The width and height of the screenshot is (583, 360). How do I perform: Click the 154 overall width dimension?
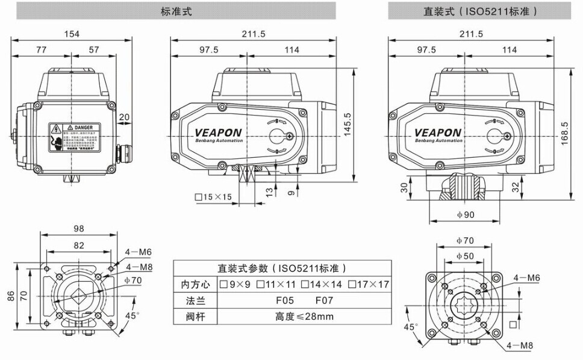[72, 34]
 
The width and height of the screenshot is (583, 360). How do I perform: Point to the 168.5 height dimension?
[564, 132]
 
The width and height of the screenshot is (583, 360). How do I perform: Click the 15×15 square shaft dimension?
[213, 197]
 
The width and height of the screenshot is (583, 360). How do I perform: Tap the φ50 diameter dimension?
[465, 256]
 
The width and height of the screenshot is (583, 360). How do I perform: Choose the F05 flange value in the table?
[276, 300]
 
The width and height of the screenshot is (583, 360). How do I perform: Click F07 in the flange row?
[325, 300]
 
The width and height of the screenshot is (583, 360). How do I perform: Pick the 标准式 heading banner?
[177, 11]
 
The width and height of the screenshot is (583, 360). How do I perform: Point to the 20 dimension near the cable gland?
[124, 117]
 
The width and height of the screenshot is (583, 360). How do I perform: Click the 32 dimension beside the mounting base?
[515, 188]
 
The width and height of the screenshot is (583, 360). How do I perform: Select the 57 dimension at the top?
[93, 51]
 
